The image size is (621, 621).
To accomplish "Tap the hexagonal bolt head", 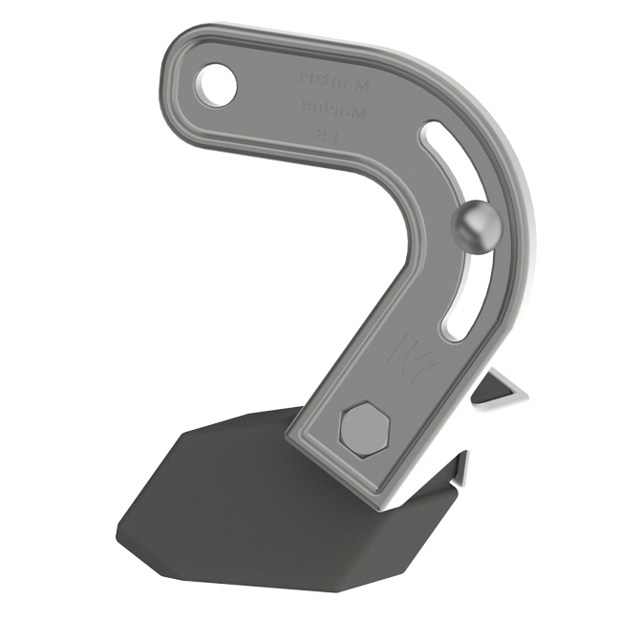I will pos(365,429).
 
